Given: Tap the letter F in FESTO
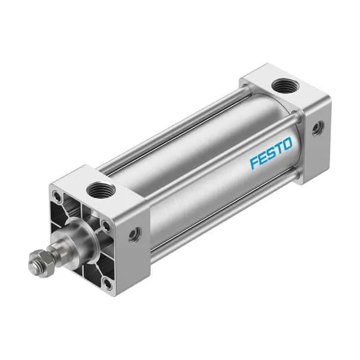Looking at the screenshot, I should [254, 164].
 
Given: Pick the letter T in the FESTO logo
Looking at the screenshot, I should [279, 150].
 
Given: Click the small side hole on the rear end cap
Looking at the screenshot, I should [318, 129].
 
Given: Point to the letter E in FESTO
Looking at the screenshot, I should [263, 159].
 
